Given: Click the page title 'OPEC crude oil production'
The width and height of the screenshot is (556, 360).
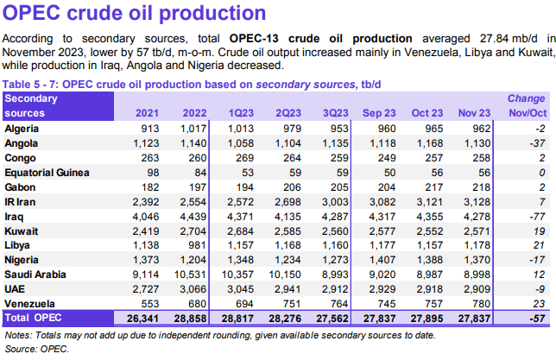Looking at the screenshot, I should pos(135,15).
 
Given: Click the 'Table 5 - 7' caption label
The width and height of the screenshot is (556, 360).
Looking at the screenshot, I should pos(33,83).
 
